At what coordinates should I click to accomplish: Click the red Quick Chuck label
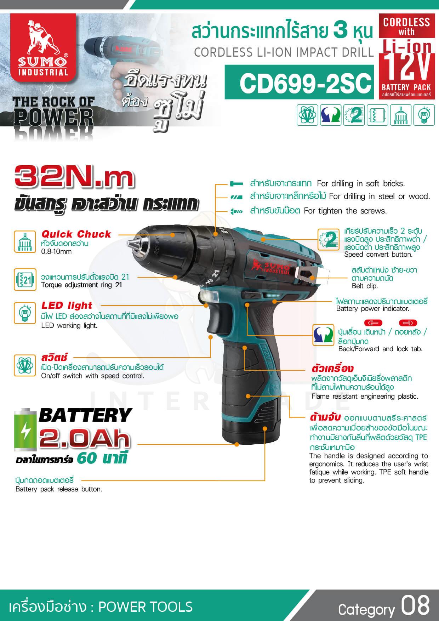point(76,234)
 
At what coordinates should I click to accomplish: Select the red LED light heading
point(67,305)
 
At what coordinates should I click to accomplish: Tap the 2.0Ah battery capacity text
point(85,438)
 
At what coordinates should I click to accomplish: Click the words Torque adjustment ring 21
point(81,285)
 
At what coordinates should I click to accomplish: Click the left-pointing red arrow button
point(373,323)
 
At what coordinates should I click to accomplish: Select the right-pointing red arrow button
point(408,323)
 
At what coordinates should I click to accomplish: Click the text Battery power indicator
point(372,309)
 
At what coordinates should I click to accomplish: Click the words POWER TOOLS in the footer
point(146,606)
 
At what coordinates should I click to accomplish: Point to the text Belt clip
point(365,286)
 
